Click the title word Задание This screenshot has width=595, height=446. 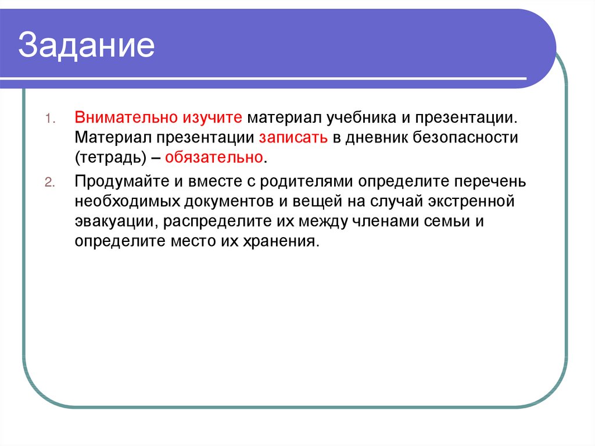87,47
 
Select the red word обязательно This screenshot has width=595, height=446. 215,158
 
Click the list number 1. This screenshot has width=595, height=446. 49,118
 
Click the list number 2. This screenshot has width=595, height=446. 49,182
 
